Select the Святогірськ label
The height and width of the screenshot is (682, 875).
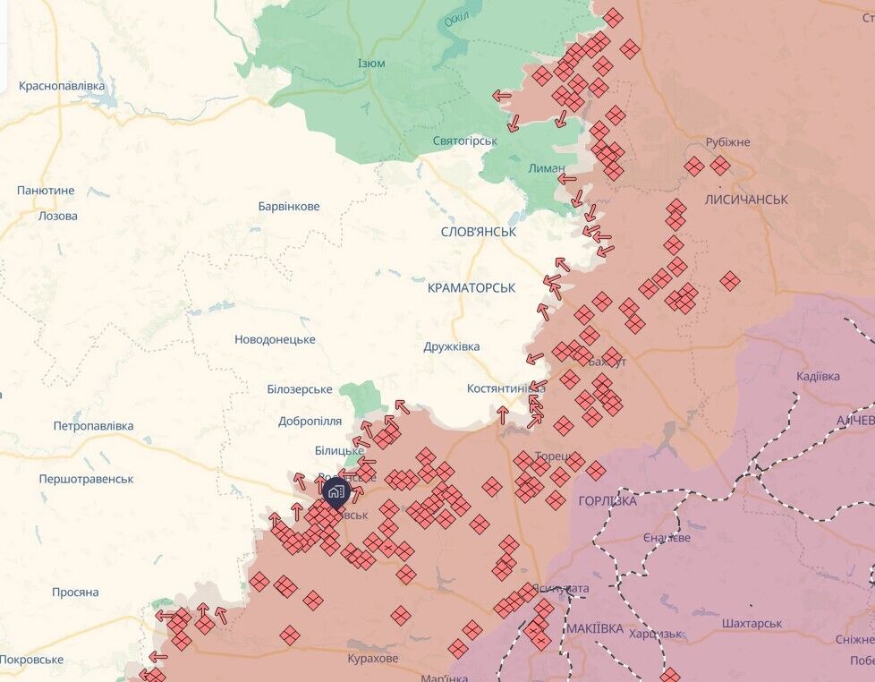[x=464, y=141]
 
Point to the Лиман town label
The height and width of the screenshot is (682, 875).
[x=546, y=168]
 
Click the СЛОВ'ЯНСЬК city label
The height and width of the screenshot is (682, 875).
[x=479, y=231]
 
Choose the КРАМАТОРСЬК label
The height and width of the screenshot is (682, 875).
[x=471, y=288]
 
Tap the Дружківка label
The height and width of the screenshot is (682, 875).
[x=452, y=346]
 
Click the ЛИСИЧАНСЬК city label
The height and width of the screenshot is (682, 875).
[x=746, y=200]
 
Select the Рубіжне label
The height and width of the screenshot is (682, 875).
[x=727, y=142]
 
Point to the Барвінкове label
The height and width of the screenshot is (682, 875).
[x=288, y=207]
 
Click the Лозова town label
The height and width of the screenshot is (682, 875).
[x=58, y=216]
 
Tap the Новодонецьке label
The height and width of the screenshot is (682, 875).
[x=275, y=339]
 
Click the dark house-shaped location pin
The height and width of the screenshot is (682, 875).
[x=336, y=491]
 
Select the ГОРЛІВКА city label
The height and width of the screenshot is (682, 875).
[x=607, y=501]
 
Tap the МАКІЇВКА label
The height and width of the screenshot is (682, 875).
[x=595, y=628]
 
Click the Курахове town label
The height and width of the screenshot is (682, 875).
[x=373, y=659]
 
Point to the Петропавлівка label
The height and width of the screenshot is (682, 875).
[x=93, y=426]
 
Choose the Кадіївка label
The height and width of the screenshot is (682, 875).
[x=818, y=376]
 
